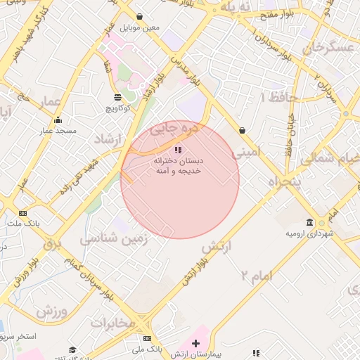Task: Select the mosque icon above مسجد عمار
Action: (x=58, y=120)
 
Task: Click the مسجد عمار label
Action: (x=58, y=131)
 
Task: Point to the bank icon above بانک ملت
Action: (x=23, y=213)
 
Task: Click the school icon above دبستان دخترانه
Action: (x=178, y=150)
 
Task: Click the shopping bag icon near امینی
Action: (x=243, y=130)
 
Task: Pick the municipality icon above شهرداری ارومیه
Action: (x=310, y=222)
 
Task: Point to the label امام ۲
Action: (x=255, y=276)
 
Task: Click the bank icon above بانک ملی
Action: (x=146, y=338)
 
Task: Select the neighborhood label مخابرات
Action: (x=112, y=323)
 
